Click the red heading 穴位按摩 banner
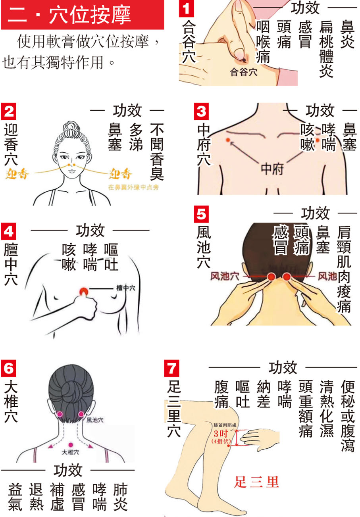coord(82,15)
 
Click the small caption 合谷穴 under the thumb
coord(244,73)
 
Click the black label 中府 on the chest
coord(272,170)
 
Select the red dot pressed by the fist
coord(84,292)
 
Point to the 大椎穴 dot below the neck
coord(71,444)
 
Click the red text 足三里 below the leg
coord(256,482)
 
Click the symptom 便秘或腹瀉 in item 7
coord(348,416)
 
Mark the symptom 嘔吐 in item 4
coord(111,258)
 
